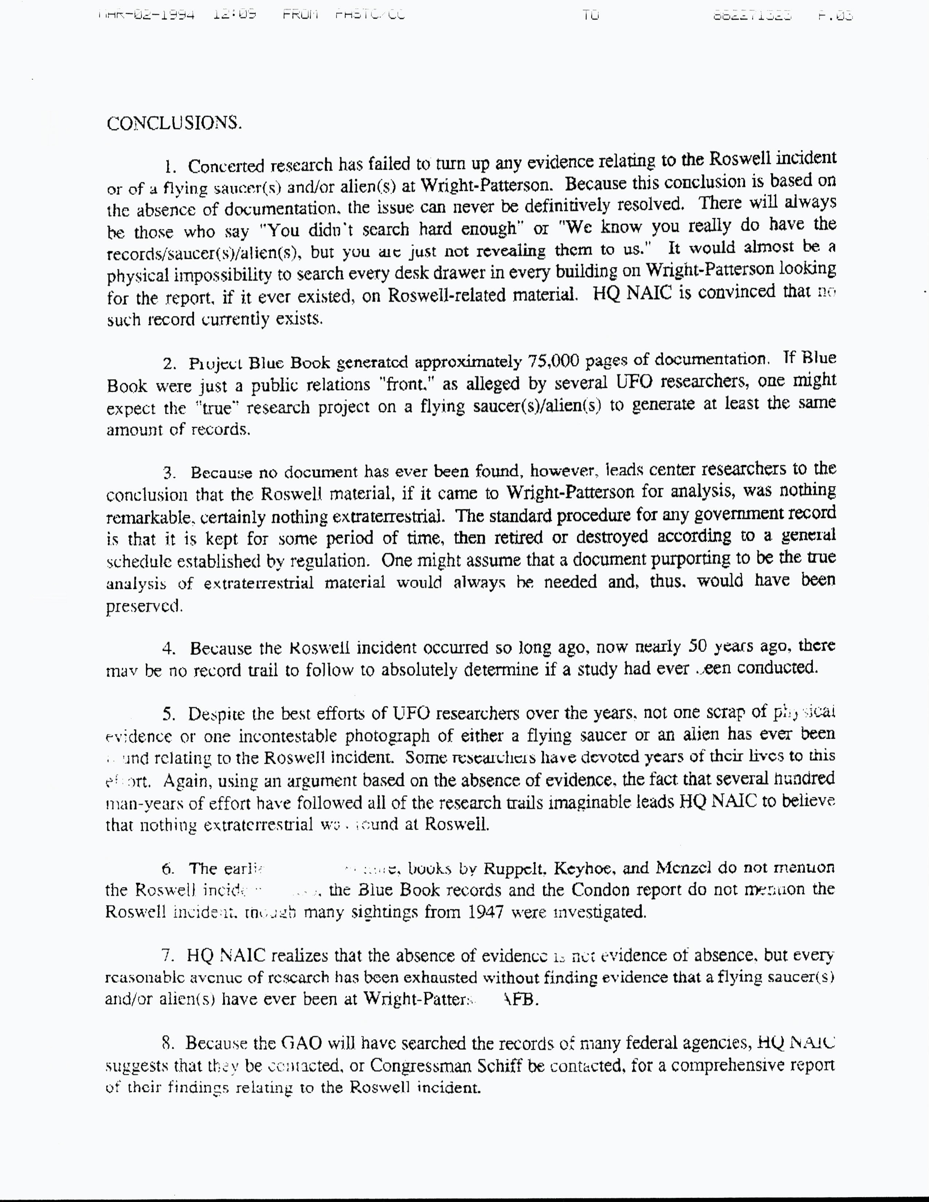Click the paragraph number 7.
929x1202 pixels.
[168, 957]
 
